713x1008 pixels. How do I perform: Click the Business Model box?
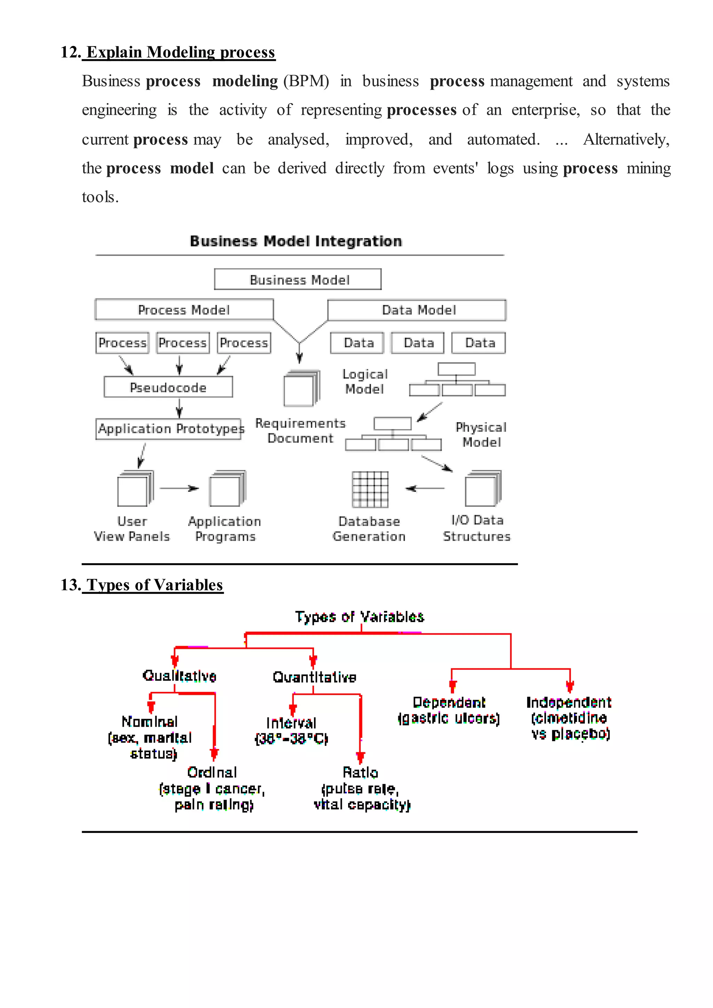298,279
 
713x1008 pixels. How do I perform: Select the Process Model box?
184,310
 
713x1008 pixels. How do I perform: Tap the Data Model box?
417,310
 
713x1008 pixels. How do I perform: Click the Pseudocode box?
168,387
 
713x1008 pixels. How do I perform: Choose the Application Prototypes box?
169,429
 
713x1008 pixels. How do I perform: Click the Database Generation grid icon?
370,489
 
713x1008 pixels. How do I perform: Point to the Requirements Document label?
301,430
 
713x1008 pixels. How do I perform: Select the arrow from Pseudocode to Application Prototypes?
179,408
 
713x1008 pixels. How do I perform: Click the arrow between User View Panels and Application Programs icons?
179,488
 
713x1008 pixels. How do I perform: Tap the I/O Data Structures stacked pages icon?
483,489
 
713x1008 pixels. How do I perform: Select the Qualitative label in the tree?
179,676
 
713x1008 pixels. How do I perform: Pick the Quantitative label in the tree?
314,677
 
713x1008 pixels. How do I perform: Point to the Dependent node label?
449,702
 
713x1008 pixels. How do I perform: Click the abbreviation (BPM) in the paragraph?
306,81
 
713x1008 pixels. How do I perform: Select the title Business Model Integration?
296,241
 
